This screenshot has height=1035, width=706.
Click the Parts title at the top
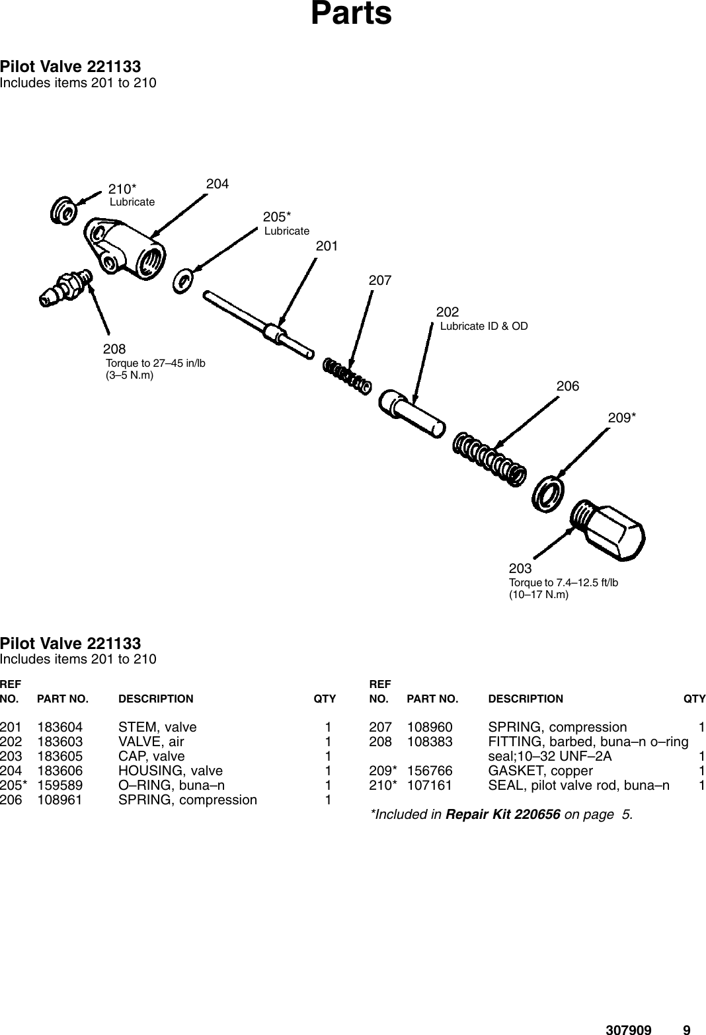(x=351, y=14)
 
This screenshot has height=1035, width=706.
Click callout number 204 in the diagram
(x=217, y=184)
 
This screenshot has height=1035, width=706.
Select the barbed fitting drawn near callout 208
(x=65, y=287)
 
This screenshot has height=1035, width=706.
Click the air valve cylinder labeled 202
(x=411, y=412)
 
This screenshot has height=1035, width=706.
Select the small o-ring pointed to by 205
(x=182, y=280)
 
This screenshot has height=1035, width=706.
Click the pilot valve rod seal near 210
(x=63, y=210)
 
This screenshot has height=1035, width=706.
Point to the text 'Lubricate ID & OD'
(x=484, y=326)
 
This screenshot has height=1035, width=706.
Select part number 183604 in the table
(x=60, y=728)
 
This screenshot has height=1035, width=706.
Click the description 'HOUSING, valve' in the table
(x=170, y=771)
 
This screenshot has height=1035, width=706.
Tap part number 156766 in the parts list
(x=430, y=771)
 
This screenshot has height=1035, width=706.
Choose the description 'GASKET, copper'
(x=540, y=771)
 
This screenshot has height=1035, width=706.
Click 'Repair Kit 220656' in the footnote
(x=503, y=814)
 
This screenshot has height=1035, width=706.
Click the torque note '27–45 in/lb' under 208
(x=156, y=363)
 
